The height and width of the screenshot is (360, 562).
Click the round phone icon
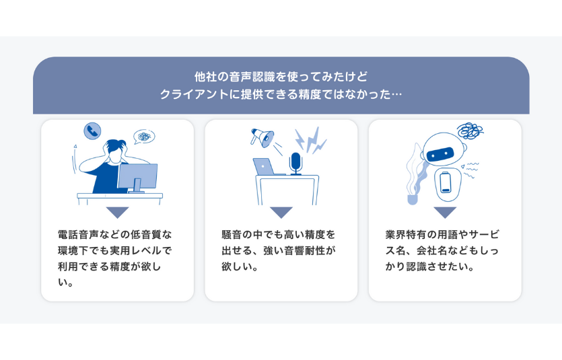click(92, 131)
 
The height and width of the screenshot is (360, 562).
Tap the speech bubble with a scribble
click(144, 137)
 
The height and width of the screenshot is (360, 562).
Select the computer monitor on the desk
click(137, 178)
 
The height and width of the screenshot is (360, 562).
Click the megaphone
click(262, 137)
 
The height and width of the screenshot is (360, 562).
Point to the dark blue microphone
click(295, 164)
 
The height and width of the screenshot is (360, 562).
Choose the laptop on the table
click(266, 167)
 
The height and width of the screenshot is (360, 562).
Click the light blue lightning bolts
click(310, 141)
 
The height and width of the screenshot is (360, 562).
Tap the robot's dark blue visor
click(440, 154)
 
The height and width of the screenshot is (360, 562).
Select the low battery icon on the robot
click(446, 182)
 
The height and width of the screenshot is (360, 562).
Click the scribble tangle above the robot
click(470, 131)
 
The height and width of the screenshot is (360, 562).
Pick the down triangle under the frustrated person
click(118, 213)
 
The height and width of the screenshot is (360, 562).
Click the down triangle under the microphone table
click(281, 213)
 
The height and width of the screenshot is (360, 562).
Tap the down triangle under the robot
click(445, 213)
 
